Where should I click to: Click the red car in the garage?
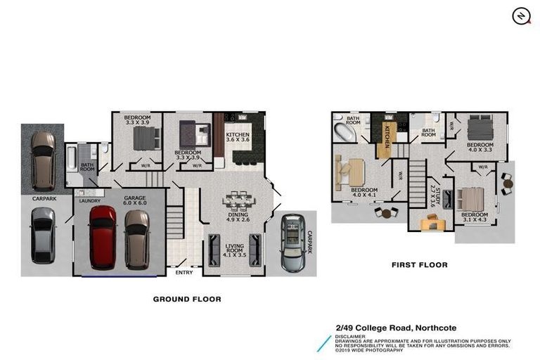[103, 238]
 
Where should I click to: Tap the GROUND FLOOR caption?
[187, 299]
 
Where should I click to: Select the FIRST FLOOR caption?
[419, 265]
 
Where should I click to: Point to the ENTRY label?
[184, 272]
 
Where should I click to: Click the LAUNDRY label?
[88, 201]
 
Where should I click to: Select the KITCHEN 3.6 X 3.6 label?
[237, 137]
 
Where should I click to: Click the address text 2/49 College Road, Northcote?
[395, 328]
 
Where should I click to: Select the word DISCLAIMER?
[350, 337]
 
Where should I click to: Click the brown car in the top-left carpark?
[43, 160]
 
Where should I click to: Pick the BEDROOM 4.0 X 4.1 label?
[364, 193]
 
